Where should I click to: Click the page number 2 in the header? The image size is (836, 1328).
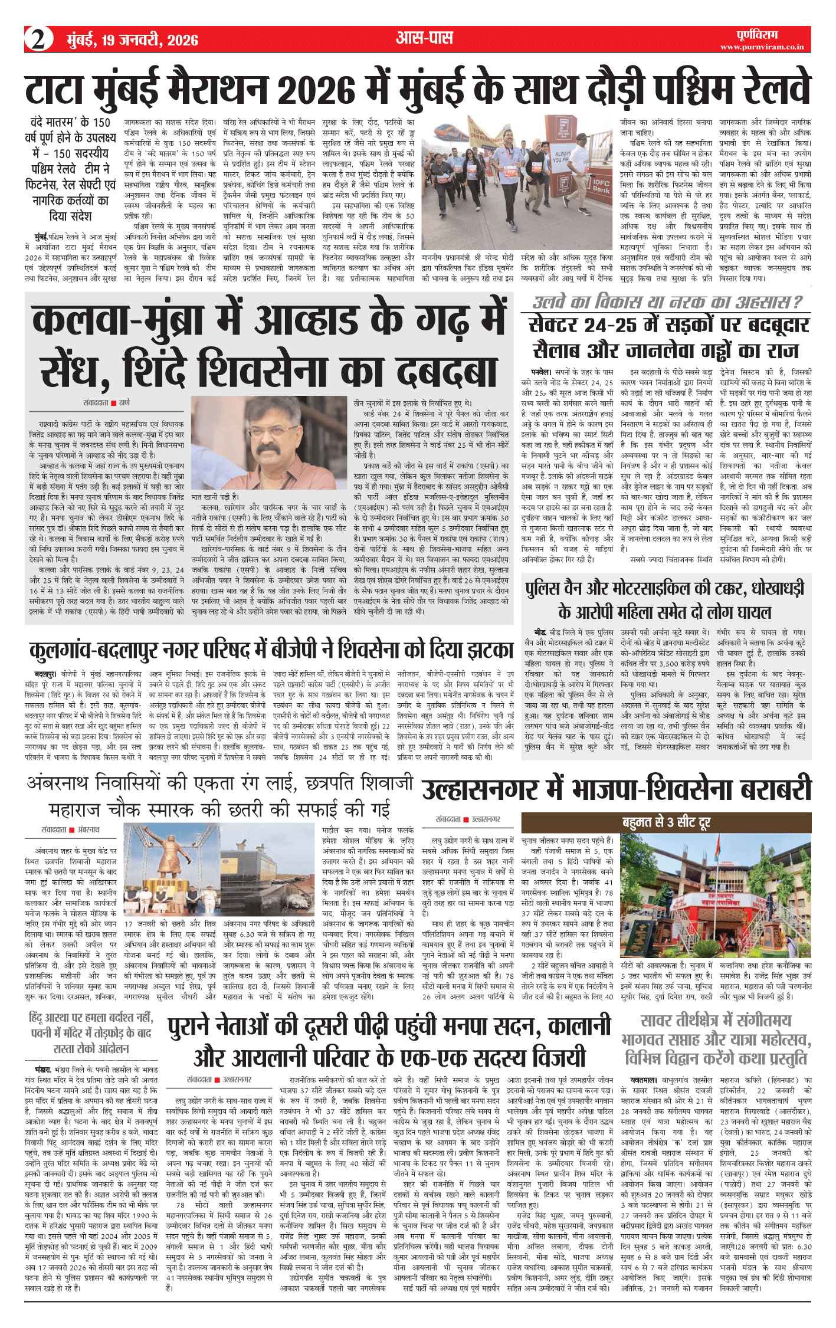pos(38,40)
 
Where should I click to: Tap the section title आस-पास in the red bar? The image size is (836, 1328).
pos(424,39)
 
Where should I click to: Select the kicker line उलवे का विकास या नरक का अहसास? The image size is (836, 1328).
pos(667,302)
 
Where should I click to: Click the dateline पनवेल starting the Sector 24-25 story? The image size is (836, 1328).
pos(540,372)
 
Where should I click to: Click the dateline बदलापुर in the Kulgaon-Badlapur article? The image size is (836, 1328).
pos(45,674)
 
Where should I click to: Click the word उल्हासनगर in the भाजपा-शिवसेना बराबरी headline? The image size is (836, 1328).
pos(480,790)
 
